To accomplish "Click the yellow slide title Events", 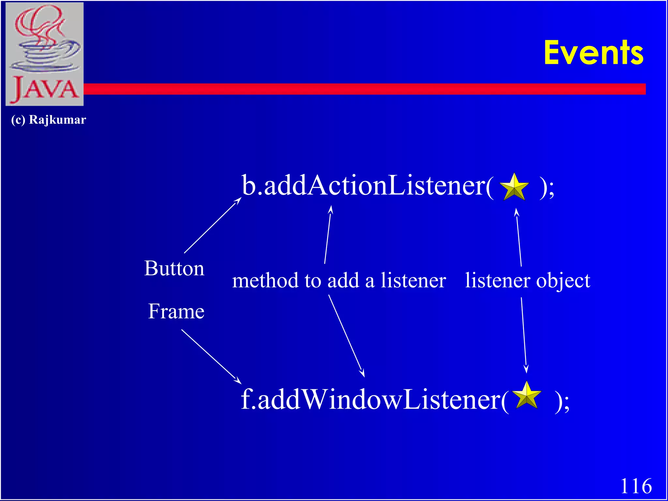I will coord(593,53).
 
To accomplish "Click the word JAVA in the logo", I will coord(45,89).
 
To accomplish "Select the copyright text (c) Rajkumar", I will coord(49,120).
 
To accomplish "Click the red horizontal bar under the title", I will coord(359,89).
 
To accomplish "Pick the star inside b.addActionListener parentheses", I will coord(514,188).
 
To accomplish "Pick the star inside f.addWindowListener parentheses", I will coord(526,396).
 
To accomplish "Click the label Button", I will coord(174,268).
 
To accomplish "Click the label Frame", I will coord(176,311).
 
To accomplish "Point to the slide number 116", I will coord(636,486).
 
